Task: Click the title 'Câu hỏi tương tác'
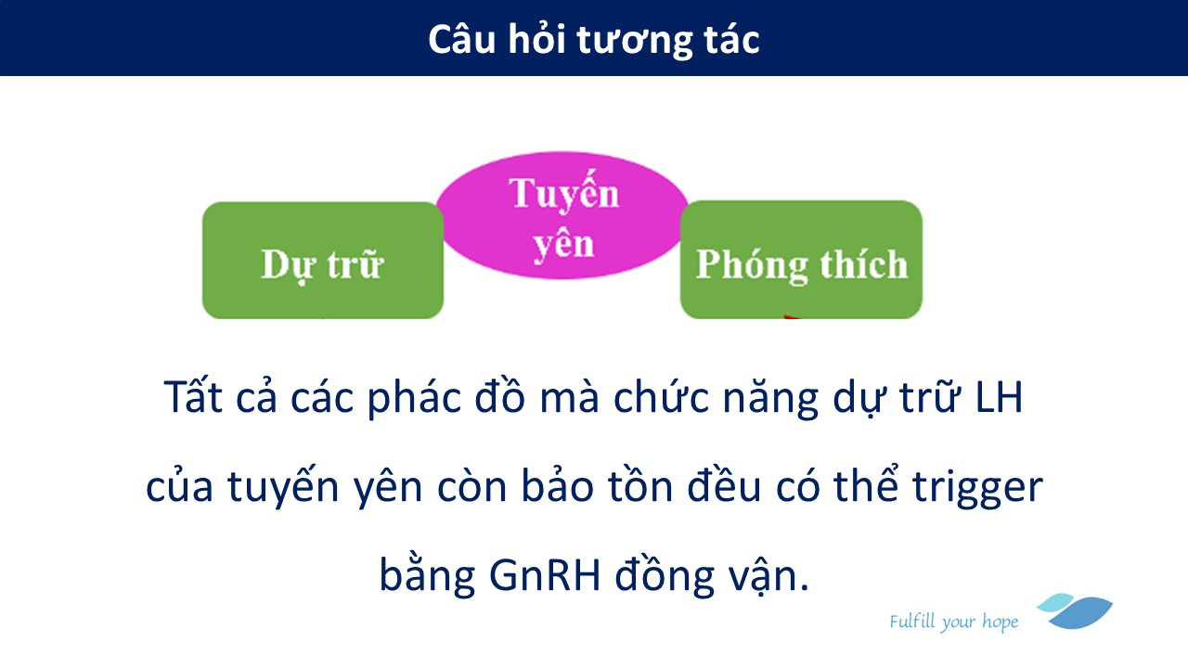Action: point(593,40)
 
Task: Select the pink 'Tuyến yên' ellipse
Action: point(562,215)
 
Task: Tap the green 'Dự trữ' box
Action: point(322,261)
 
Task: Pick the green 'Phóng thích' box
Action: point(801,260)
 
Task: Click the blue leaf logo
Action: point(1076,610)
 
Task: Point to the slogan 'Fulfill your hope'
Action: point(953,622)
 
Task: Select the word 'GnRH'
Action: point(545,576)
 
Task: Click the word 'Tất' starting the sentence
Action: point(193,395)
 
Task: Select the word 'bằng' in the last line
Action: point(427,573)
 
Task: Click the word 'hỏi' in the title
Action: point(537,39)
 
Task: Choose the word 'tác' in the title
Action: point(732,39)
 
